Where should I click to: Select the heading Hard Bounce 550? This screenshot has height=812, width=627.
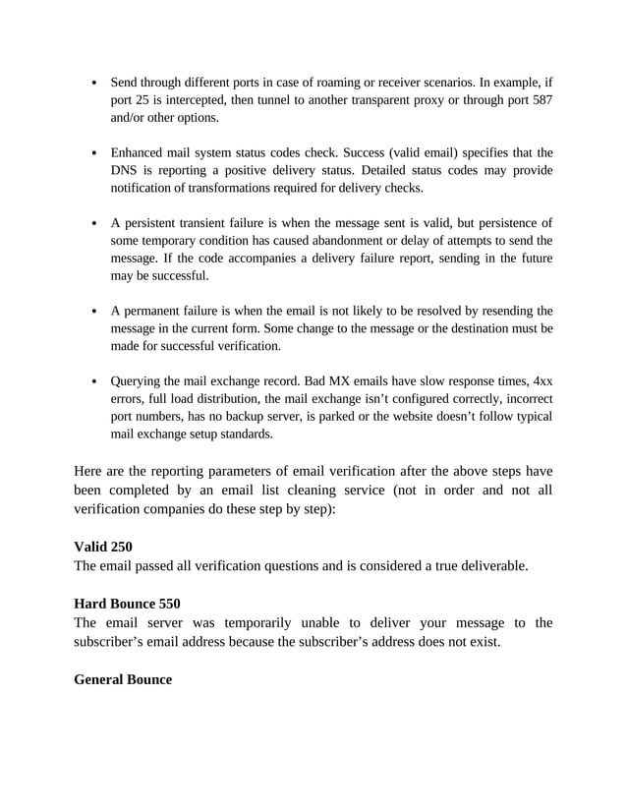pos(127,603)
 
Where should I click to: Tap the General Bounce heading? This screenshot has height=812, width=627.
pos(123,678)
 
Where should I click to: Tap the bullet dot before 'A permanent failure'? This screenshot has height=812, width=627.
pos(92,312)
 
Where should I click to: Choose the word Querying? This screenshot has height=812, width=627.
pos(138,382)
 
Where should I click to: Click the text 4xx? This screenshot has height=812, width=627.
pos(543,382)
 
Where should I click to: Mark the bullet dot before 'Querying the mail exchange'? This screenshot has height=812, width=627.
pos(92,382)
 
